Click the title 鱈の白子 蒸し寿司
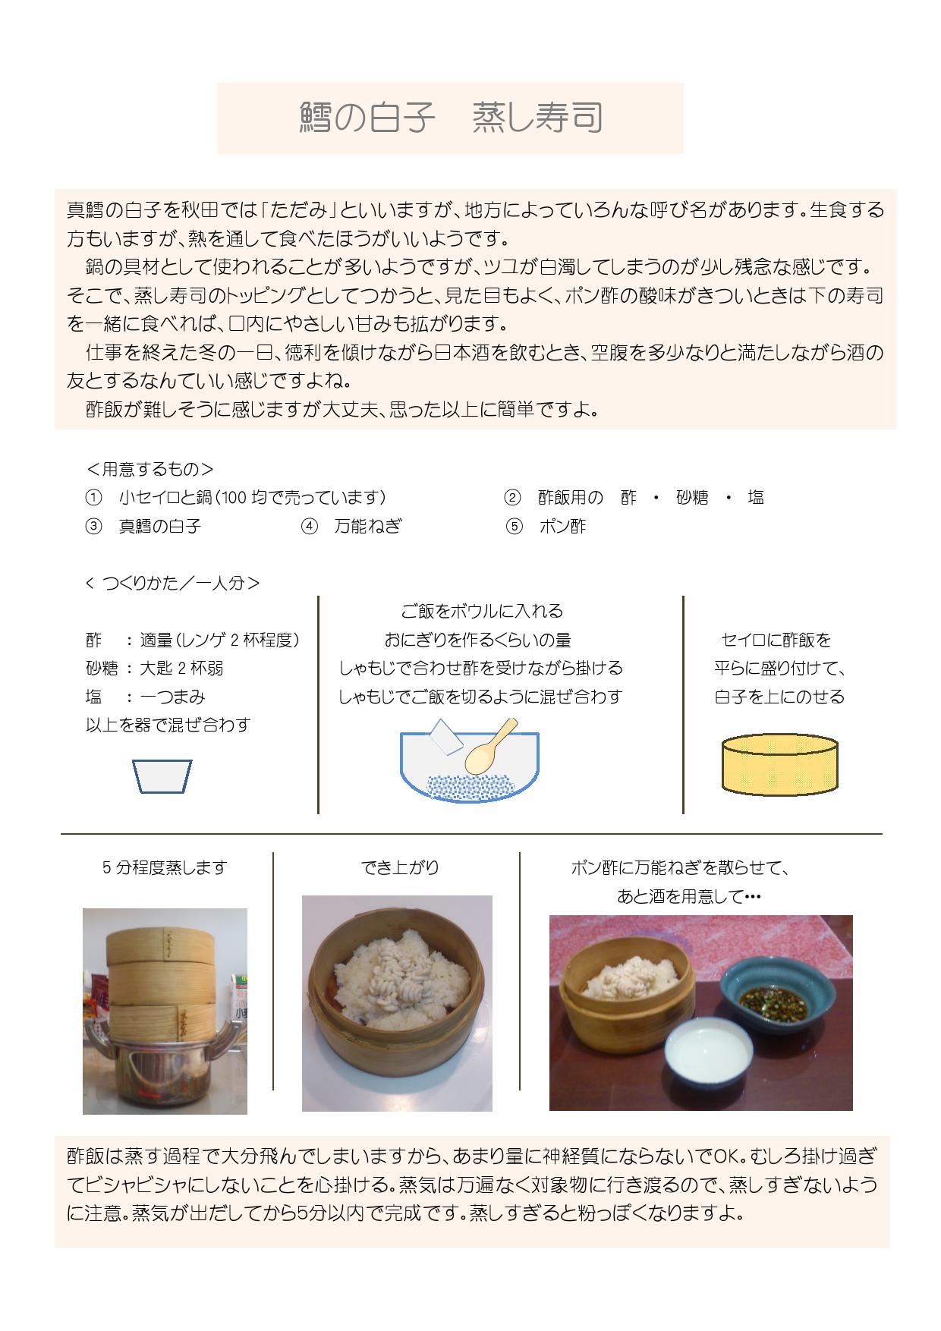click(451, 118)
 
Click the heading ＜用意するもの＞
click(150, 469)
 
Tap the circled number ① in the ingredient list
click(93, 498)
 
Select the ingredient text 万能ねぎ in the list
click(368, 526)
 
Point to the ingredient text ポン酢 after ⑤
click(562, 526)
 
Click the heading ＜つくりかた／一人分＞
click(173, 583)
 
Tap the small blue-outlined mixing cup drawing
click(162, 776)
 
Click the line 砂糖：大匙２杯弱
click(155, 669)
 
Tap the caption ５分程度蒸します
click(165, 867)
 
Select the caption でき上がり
click(400, 867)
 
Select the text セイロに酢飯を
click(776, 640)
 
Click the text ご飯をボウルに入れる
click(482, 611)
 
